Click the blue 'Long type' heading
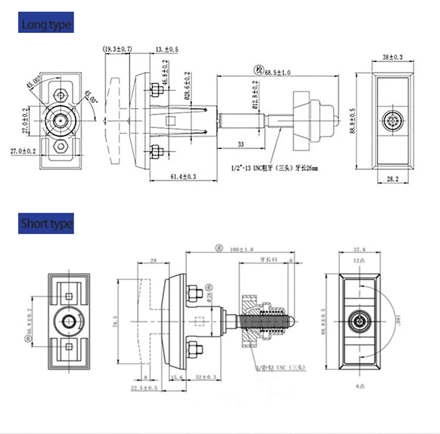[x=46, y=24]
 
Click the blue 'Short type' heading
[x=46, y=223]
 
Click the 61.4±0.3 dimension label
[x=184, y=176]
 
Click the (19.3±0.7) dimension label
[x=117, y=49]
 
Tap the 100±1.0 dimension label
[x=241, y=249]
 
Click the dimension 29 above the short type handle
[x=154, y=261]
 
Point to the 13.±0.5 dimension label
[x=167, y=49]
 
